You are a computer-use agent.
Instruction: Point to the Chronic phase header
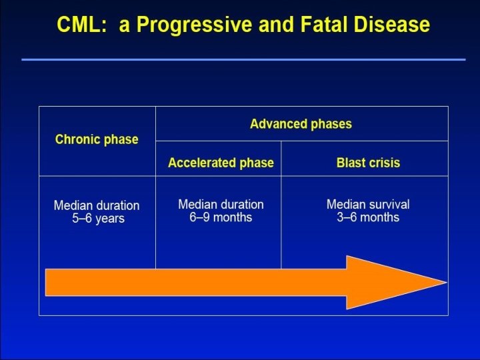click(x=97, y=139)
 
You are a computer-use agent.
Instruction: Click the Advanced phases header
click(x=301, y=124)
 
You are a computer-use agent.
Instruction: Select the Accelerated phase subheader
click(x=221, y=163)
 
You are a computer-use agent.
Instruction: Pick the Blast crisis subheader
click(x=368, y=163)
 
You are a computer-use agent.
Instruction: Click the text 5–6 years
click(x=98, y=219)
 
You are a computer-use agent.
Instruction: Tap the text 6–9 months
click(x=221, y=217)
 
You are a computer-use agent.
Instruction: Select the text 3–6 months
click(x=368, y=217)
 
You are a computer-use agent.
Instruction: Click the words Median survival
click(x=368, y=204)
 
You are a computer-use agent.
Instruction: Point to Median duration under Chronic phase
click(x=97, y=205)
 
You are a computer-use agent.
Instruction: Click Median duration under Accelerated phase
click(x=221, y=204)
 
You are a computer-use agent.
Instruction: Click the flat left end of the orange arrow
click(x=47, y=282)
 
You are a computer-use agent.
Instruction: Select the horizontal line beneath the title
click(x=243, y=59)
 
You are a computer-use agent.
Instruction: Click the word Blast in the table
click(x=351, y=163)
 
